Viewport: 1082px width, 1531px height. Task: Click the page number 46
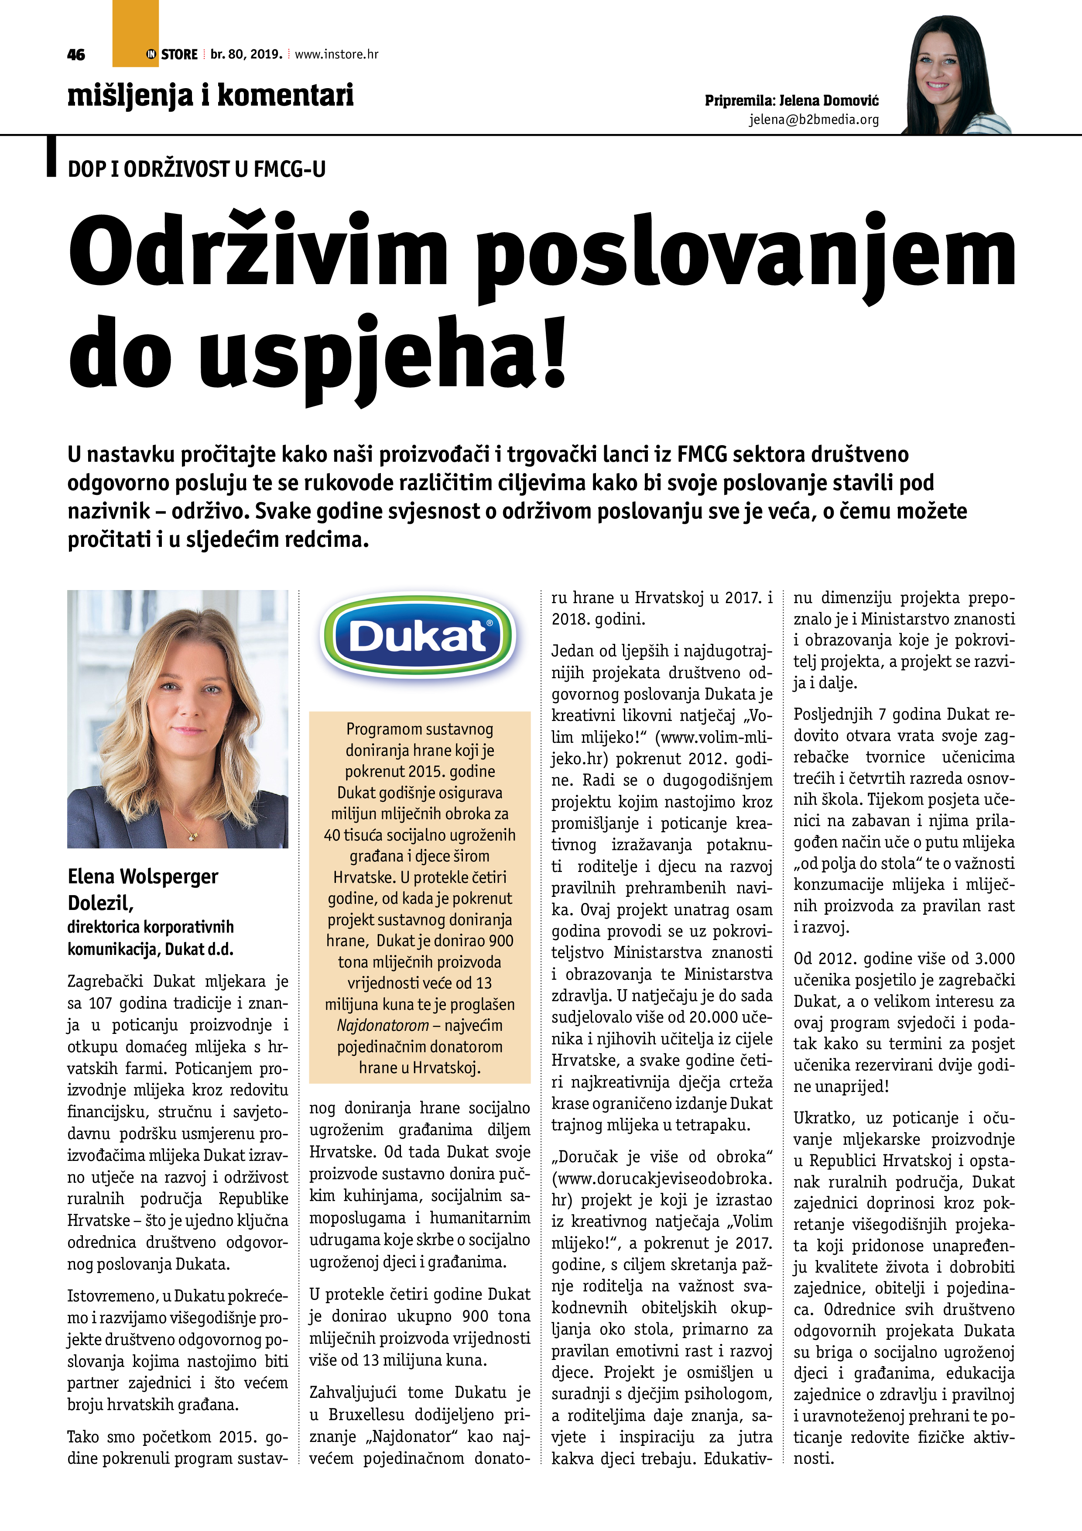pyautogui.click(x=76, y=55)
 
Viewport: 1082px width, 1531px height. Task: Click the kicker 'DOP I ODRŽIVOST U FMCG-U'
pyautogui.click(x=197, y=169)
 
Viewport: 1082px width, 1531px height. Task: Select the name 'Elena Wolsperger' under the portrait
pyautogui.click(x=143, y=876)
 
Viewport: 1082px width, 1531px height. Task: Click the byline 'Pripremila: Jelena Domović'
pyautogui.click(x=791, y=101)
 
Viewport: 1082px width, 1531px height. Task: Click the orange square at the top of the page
pyautogui.click(x=135, y=33)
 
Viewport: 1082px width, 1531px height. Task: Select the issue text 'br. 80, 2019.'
pyautogui.click(x=246, y=55)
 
